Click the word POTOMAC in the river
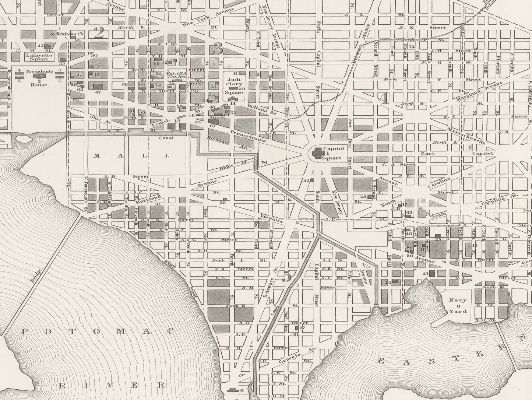[98, 331]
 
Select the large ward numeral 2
[99, 33]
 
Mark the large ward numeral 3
[218, 48]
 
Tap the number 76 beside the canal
[264, 162]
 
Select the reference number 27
[303, 327]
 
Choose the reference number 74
[412, 47]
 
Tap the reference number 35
[223, 202]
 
